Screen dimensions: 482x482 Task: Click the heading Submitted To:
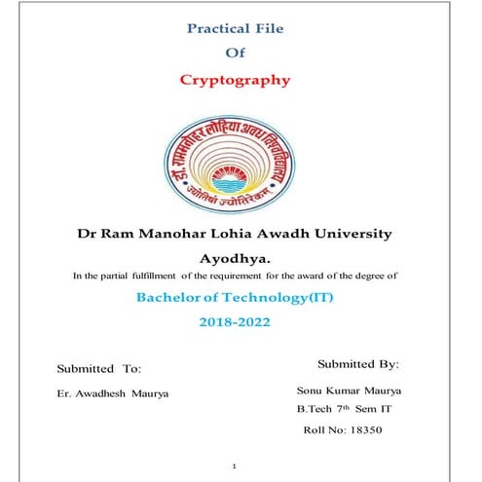[99, 369]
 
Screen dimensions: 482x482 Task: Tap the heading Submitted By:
[359, 364]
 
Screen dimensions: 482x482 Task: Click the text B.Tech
[315, 410]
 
